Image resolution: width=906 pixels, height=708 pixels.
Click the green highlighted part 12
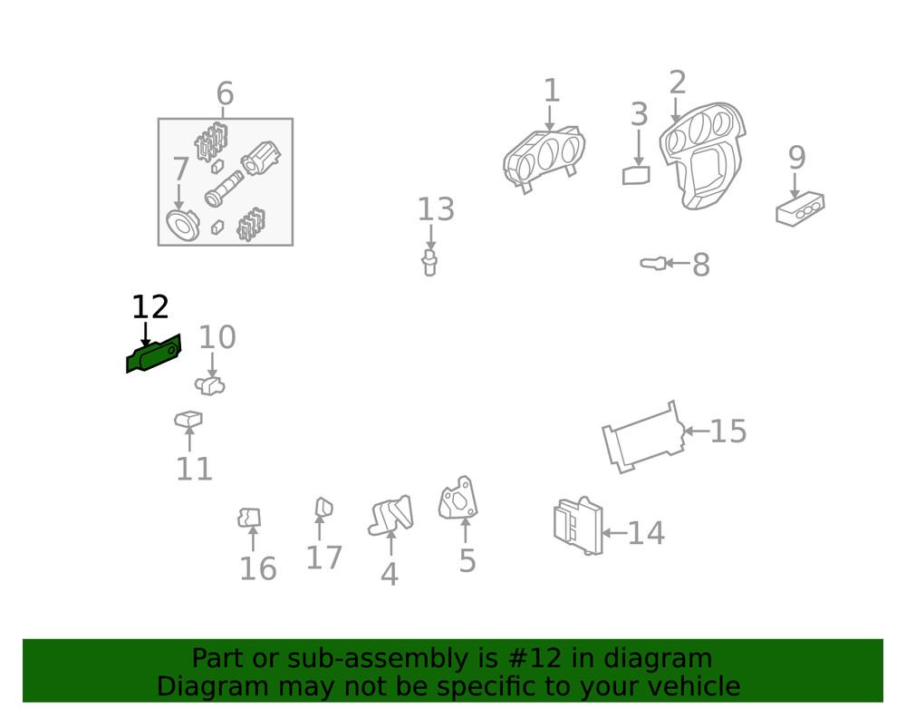click(x=154, y=355)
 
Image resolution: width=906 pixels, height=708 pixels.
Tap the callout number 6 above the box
click(x=225, y=94)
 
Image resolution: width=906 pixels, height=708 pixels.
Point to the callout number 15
click(x=728, y=432)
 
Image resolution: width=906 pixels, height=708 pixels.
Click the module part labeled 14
click(x=577, y=526)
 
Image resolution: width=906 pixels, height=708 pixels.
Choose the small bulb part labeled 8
click(x=651, y=264)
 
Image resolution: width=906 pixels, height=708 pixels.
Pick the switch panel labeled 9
click(x=800, y=209)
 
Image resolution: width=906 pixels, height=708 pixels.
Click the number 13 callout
click(x=435, y=210)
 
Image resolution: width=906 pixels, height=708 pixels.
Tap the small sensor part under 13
click(x=429, y=264)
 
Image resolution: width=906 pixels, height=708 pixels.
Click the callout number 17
click(x=323, y=558)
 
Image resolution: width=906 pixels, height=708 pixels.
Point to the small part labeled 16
click(x=249, y=518)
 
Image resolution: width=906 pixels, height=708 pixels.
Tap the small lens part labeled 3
click(x=636, y=175)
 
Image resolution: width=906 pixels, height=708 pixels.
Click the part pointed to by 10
click(x=210, y=386)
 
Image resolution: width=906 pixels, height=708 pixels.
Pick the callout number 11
click(x=194, y=470)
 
